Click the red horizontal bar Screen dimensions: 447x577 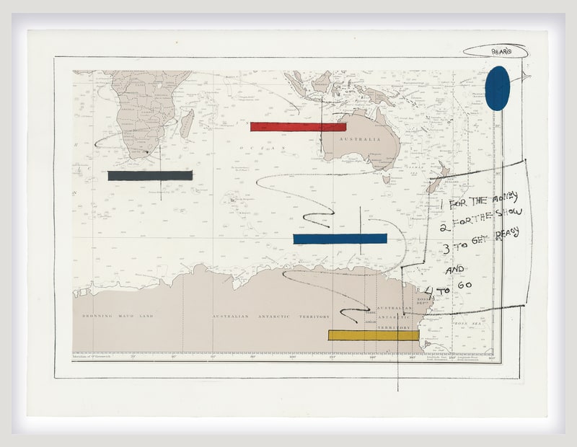[x=298, y=127]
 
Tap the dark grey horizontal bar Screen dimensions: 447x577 [x=150, y=175]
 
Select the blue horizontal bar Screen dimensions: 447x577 [x=340, y=239]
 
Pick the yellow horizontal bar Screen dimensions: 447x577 [x=373, y=335]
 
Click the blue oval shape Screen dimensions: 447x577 [x=497, y=88]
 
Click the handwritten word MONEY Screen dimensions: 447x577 [x=504, y=196]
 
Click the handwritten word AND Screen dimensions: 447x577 [x=454, y=270]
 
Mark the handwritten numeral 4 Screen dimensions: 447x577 [x=430, y=292]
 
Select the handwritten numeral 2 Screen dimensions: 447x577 [x=446, y=226]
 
